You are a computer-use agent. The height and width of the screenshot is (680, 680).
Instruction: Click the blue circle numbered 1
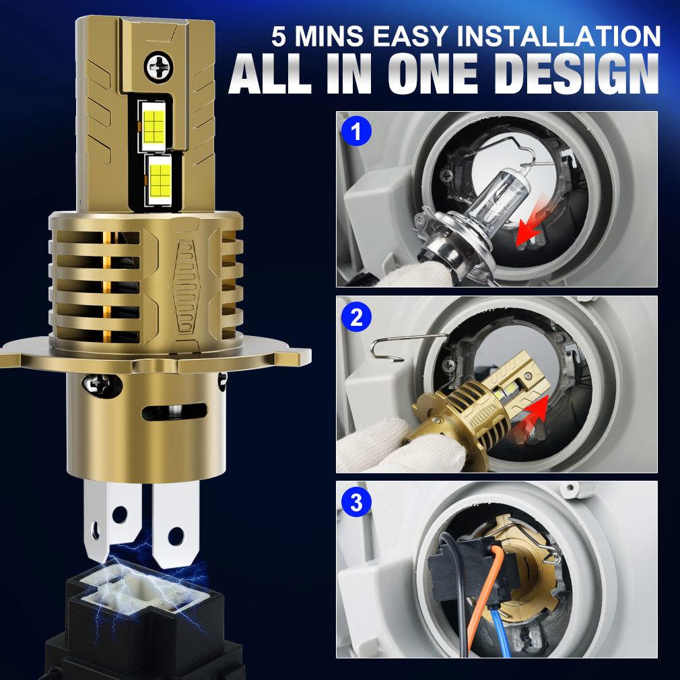point(356,131)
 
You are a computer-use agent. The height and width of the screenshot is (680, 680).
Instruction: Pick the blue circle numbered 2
point(356,318)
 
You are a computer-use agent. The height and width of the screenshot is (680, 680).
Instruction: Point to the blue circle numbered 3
point(356,503)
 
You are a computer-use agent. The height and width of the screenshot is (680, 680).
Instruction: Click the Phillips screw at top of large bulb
point(158,67)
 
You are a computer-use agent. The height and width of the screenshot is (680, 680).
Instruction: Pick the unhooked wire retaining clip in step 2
point(407,347)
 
